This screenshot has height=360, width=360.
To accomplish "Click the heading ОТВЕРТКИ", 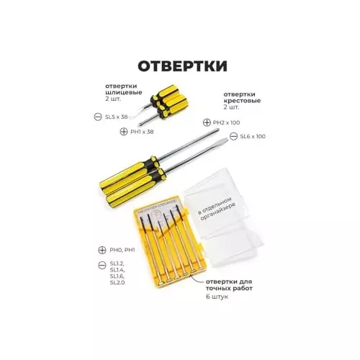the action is (182, 66).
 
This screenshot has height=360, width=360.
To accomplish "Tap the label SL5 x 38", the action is (116, 117).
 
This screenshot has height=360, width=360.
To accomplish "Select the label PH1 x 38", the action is (142, 132).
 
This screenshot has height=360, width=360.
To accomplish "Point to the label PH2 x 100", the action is (226, 122).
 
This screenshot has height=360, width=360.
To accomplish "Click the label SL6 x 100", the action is (253, 136).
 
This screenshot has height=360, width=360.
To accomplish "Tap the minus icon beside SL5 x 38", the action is (98, 117).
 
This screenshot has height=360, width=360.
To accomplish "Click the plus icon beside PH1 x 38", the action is (124, 132).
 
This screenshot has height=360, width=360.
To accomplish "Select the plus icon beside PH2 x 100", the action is (207, 122).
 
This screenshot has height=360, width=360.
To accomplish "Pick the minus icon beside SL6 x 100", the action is (233, 136).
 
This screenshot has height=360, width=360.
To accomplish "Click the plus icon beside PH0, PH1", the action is (102, 250).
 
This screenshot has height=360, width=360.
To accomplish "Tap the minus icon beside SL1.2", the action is (102, 266).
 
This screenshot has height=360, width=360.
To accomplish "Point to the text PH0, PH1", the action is (122, 250).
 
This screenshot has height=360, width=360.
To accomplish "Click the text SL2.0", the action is (117, 282).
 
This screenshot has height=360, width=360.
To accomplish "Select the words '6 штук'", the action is (217, 297).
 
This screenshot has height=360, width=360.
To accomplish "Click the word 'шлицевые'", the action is (124, 92).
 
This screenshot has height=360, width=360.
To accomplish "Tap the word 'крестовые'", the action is (242, 101).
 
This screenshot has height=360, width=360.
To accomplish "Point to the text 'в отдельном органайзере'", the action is (217, 209).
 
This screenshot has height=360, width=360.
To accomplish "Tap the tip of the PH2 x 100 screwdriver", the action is (218, 130).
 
